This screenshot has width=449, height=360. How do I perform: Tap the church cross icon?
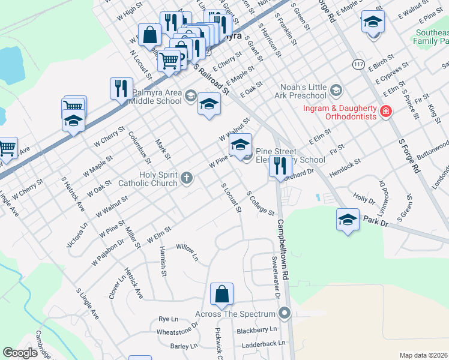187,177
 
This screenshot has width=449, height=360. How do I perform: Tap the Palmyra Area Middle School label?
148,97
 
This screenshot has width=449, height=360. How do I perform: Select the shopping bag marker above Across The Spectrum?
221,295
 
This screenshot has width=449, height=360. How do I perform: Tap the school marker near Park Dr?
348,220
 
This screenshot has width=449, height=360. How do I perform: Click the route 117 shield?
359,64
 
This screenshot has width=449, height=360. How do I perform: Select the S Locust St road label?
231,199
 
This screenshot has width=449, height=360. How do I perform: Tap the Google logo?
20,353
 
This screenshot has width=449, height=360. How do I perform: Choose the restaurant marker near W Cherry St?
122,89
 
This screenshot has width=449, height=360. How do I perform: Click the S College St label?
261,205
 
